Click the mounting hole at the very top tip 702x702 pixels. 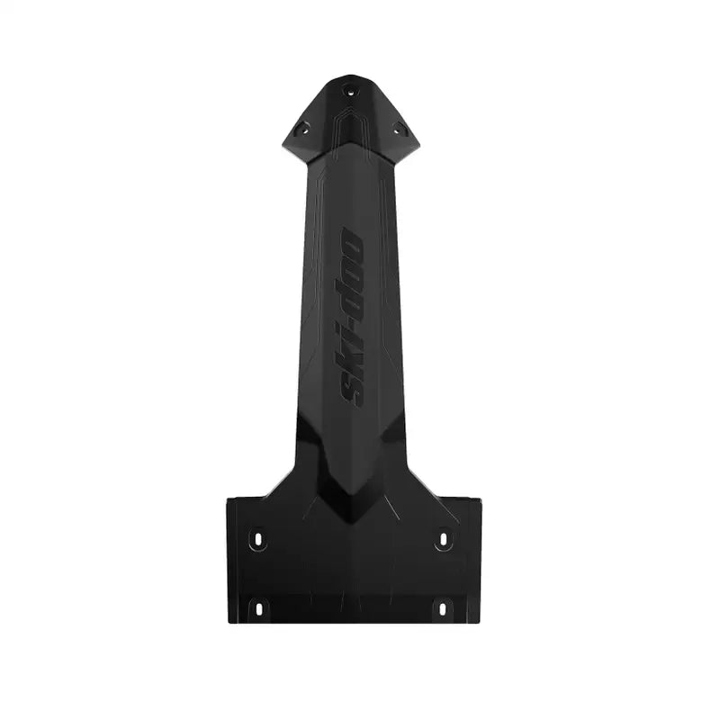(349, 90)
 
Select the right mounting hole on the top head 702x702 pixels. (397, 130)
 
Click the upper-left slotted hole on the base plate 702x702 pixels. (258, 539)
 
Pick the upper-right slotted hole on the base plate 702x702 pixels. (442, 539)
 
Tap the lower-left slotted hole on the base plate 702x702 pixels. (258, 607)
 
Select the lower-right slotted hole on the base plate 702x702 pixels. (442, 607)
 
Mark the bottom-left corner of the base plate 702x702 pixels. (229, 622)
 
